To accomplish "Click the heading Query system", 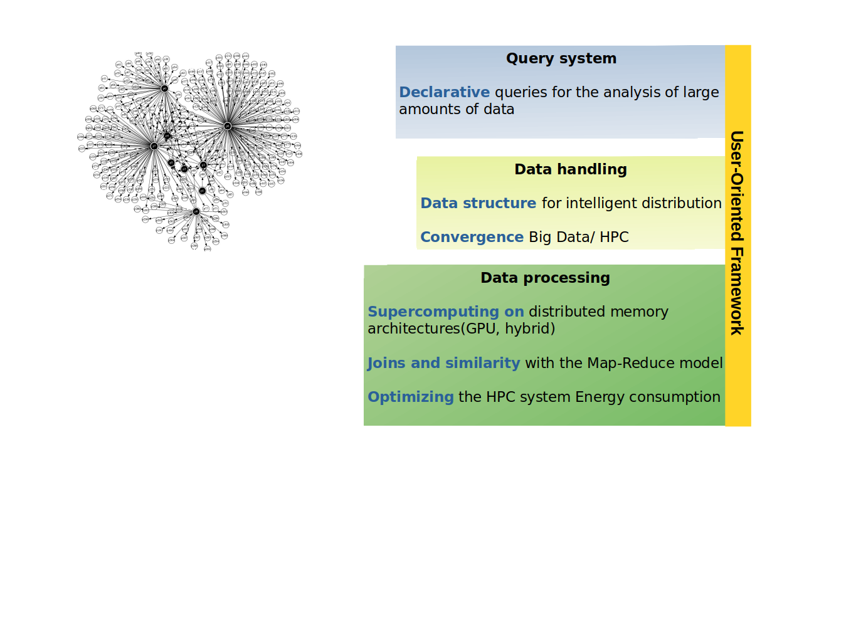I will click(561, 58).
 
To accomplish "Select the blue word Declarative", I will click(444, 92).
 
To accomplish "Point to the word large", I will click(700, 92).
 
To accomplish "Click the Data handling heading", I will click(571, 169).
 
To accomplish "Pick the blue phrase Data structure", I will click(478, 203).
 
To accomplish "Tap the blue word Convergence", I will click(472, 237).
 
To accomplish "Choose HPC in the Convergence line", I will click(614, 237).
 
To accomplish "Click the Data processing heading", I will click(545, 278).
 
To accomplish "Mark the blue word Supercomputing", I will click(433, 312).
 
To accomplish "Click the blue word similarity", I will click(482, 363).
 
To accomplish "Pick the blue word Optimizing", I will click(411, 397).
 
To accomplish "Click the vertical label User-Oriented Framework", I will click(737, 233).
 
